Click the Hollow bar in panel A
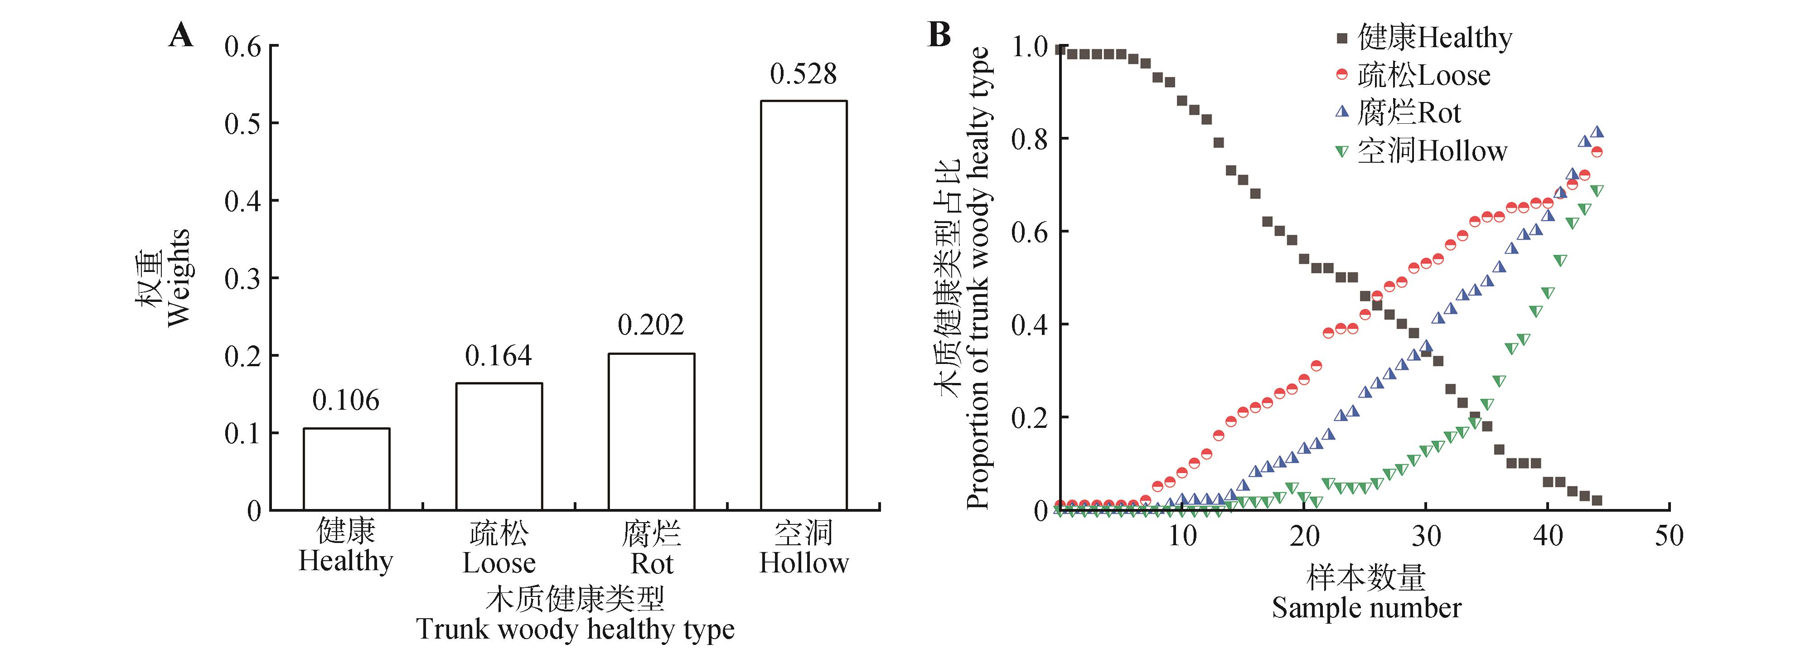804,305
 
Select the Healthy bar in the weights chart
346,469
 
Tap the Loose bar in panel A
499,446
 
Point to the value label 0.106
346,401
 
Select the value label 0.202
651,325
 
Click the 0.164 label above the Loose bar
499,356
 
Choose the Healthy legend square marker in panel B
1342,38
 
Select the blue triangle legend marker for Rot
1342,112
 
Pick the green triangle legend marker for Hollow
1342,150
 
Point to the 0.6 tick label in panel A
242,47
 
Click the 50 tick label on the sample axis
1669,535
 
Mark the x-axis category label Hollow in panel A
804,563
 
